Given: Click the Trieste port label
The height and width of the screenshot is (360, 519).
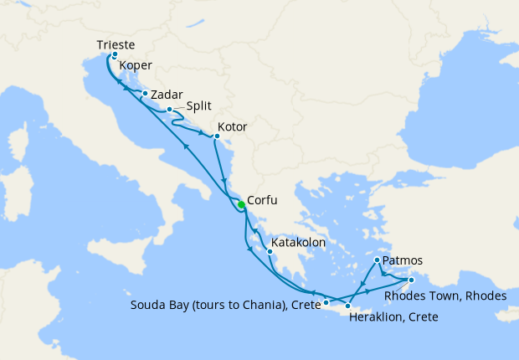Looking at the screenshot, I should (116, 44).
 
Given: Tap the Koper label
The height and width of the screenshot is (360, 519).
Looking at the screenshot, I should (136, 65).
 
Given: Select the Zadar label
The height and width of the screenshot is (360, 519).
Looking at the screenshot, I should (167, 95).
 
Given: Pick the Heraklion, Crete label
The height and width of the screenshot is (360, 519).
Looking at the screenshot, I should (394, 318).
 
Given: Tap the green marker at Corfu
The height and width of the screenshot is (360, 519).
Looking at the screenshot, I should (240, 204).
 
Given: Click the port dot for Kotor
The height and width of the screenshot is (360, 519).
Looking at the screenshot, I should (217, 136).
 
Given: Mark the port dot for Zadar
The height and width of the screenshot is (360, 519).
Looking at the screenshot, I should (145, 94).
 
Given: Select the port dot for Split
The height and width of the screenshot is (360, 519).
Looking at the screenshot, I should (169, 110).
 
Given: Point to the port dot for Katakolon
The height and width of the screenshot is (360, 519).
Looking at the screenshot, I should (270, 251).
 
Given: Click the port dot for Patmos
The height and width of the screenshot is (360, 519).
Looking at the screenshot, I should (377, 260).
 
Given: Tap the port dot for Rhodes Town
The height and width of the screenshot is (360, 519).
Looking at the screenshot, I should (411, 280).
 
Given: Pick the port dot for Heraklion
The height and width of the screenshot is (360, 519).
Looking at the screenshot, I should (347, 306).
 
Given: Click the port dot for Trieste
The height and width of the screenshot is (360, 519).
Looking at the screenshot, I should (115, 54).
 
